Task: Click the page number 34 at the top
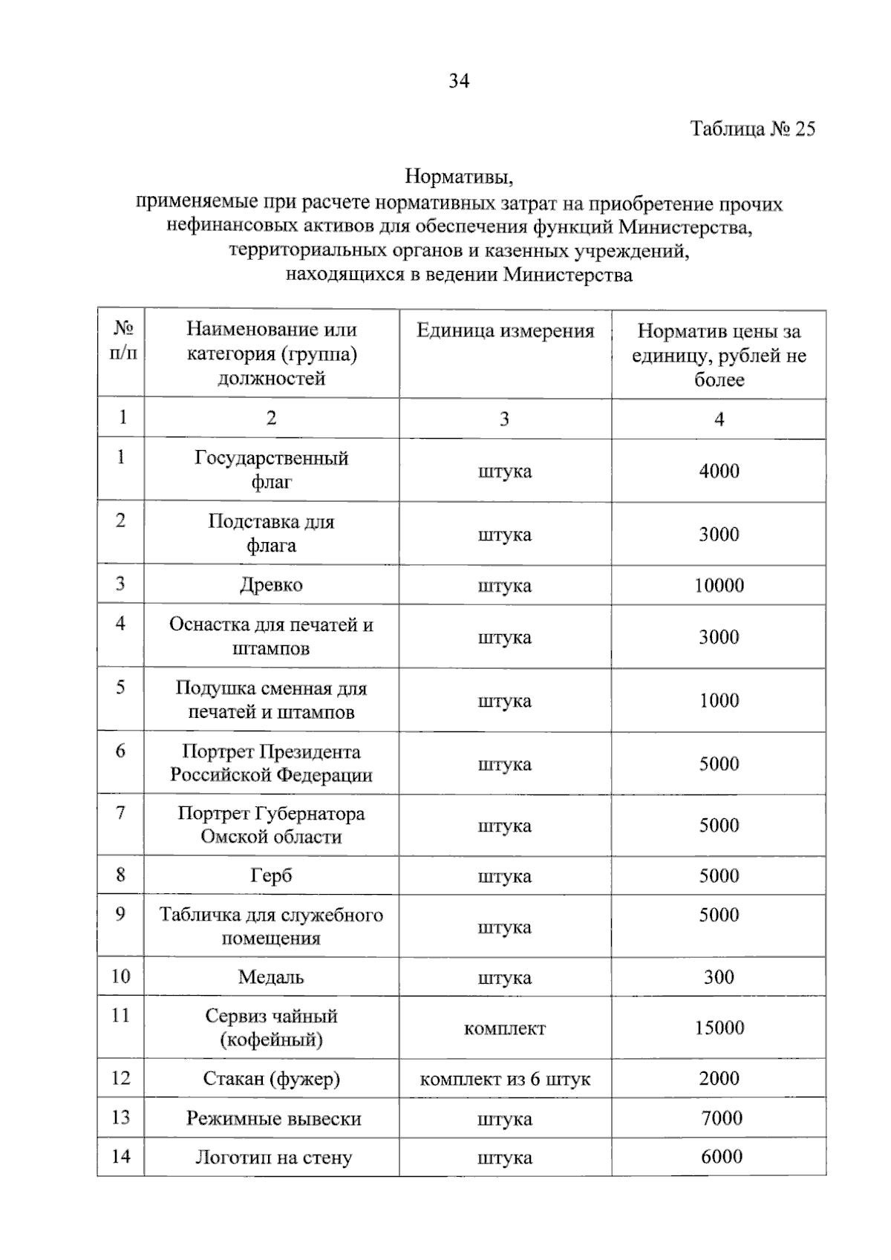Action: pos(459,81)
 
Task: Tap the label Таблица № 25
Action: pos(752,129)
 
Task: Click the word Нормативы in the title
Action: pos(459,177)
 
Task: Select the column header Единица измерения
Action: pos(505,331)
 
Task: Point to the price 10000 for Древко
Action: pos(719,585)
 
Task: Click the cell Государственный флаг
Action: pos(272,469)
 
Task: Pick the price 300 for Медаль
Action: pos(719,976)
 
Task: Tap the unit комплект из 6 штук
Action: pos(505,1079)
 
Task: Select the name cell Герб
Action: pos(272,875)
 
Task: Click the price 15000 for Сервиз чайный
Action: pos(719,1028)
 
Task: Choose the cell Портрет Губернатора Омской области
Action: pos(272,825)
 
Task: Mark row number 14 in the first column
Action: pos(120,1156)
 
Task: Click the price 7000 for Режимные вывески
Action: pos(721,1117)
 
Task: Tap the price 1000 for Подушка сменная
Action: pos(719,700)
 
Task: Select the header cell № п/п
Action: pos(123,341)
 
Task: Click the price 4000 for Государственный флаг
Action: pos(719,471)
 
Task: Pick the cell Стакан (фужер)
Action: pos(272,1078)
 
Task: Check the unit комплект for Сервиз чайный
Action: pos(505,1028)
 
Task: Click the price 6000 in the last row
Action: pos(721,1156)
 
